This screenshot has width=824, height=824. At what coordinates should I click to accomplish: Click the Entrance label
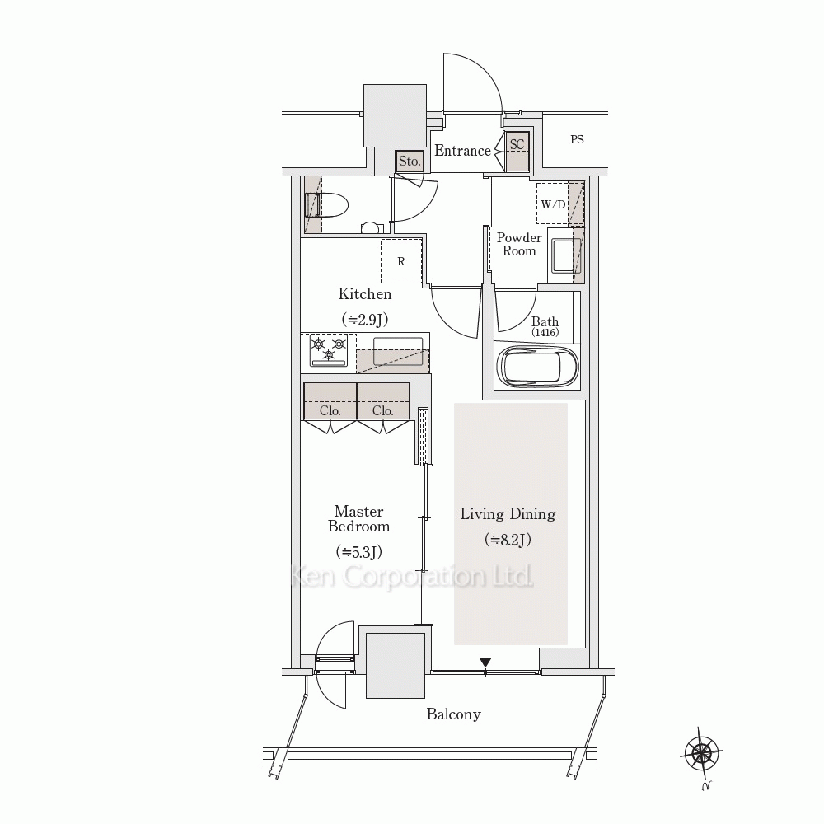pos(462,151)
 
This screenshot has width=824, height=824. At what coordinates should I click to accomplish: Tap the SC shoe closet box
pos(517,152)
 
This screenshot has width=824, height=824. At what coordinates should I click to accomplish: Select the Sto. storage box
pos(410,162)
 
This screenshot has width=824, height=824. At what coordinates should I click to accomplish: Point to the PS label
pos(577,139)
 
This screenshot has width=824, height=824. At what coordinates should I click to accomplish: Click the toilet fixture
pos(325,205)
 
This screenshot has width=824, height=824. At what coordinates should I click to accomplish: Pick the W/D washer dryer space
pos(553,204)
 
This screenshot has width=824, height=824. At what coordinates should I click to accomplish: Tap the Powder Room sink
pos(564,255)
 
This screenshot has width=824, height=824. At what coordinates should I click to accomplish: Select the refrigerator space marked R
pos(401,261)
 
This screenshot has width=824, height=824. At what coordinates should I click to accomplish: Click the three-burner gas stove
pos(329,350)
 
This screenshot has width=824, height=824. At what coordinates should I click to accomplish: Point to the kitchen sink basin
pos(398,351)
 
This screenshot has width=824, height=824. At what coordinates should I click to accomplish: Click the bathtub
pos(537,367)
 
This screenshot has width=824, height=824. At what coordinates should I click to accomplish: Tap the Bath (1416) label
pos(545,326)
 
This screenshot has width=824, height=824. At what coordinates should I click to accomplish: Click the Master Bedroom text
pos(359,518)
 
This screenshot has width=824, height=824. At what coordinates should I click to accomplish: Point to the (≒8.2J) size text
pos(508,540)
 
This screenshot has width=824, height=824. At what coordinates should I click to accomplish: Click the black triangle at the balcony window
pos(485,662)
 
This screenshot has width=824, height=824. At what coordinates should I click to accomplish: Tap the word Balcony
pos(453,714)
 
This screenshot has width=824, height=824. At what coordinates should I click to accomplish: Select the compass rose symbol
pos(701,754)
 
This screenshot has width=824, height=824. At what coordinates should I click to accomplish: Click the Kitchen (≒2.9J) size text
pos(365,319)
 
